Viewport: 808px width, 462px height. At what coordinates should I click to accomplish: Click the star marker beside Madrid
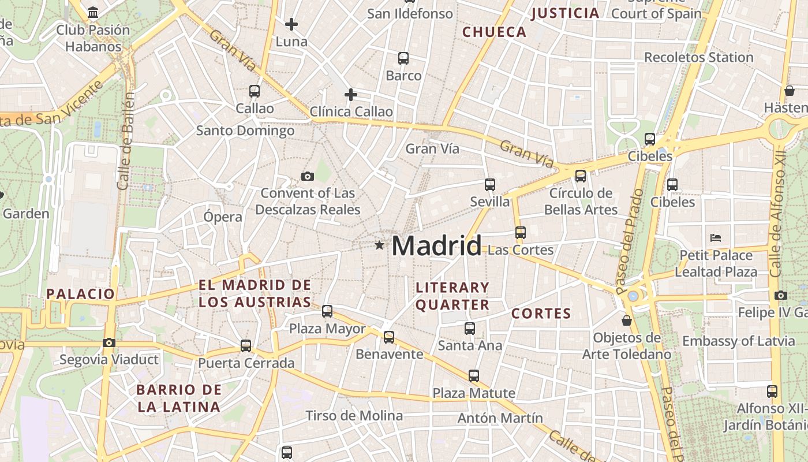click(x=379, y=245)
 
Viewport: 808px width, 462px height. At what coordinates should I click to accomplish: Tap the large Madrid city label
click(x=436, y=247)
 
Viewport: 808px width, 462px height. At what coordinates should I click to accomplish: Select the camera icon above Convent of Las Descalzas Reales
click(x=308, y=176)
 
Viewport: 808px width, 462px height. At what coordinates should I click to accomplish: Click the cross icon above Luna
click(x=291, y=24)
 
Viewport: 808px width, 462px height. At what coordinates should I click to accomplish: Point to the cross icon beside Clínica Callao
click(x=350, y=95)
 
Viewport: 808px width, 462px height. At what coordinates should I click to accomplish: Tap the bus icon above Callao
click(x=255, y=91)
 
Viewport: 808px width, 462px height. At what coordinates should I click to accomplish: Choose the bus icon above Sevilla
click(x=490, y=185)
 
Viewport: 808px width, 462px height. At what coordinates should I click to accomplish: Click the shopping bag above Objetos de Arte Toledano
click(x=627, y=321)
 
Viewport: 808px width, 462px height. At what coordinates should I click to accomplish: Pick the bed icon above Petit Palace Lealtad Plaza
click(x=716, y=237)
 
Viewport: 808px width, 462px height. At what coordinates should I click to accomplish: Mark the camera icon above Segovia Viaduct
click(x=109, y=342)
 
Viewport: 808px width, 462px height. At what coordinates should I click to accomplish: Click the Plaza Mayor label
click(x=327, y=329)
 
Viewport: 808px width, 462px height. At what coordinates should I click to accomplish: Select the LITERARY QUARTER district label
click(x=452, y=296)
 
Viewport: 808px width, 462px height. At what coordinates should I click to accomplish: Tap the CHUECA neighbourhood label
click(x=495, y=32)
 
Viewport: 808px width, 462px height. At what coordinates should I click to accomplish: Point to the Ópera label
click(x=223, y=217)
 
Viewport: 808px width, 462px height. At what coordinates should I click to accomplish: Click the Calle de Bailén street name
click(x=125, y=141)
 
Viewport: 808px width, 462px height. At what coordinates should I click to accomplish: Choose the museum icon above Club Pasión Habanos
click(x=93, y=12)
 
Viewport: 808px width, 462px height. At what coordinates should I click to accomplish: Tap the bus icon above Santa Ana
click(x=470, y=329)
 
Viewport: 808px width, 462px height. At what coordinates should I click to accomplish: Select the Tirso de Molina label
click(x=354, y=416)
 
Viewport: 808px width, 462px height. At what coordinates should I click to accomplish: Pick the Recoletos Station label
click(x=698, y=57)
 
